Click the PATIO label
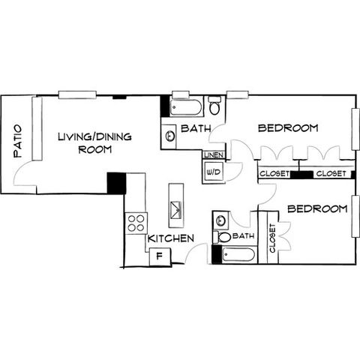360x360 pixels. coord(18,141)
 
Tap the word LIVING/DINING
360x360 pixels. coord(94,136)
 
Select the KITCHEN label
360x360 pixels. coord(171,238)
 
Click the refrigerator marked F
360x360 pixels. coord(160,256)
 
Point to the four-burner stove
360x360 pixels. coord(136,223)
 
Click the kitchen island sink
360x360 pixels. coord(176,210)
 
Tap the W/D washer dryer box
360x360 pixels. coord(214,172)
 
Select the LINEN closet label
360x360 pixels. coord(214,155)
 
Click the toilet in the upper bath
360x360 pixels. coord(214,106)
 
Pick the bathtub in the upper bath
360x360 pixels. coord(186,108)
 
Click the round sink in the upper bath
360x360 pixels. coord(170,136)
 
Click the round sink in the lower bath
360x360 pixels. coord(220,220)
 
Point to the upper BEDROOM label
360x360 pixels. coord(288,128)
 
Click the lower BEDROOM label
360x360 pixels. coord(317,208)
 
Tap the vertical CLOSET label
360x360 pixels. coord(272,238)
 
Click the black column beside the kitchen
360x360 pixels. coord(116,183)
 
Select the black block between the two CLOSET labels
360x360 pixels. coord(301,175)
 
